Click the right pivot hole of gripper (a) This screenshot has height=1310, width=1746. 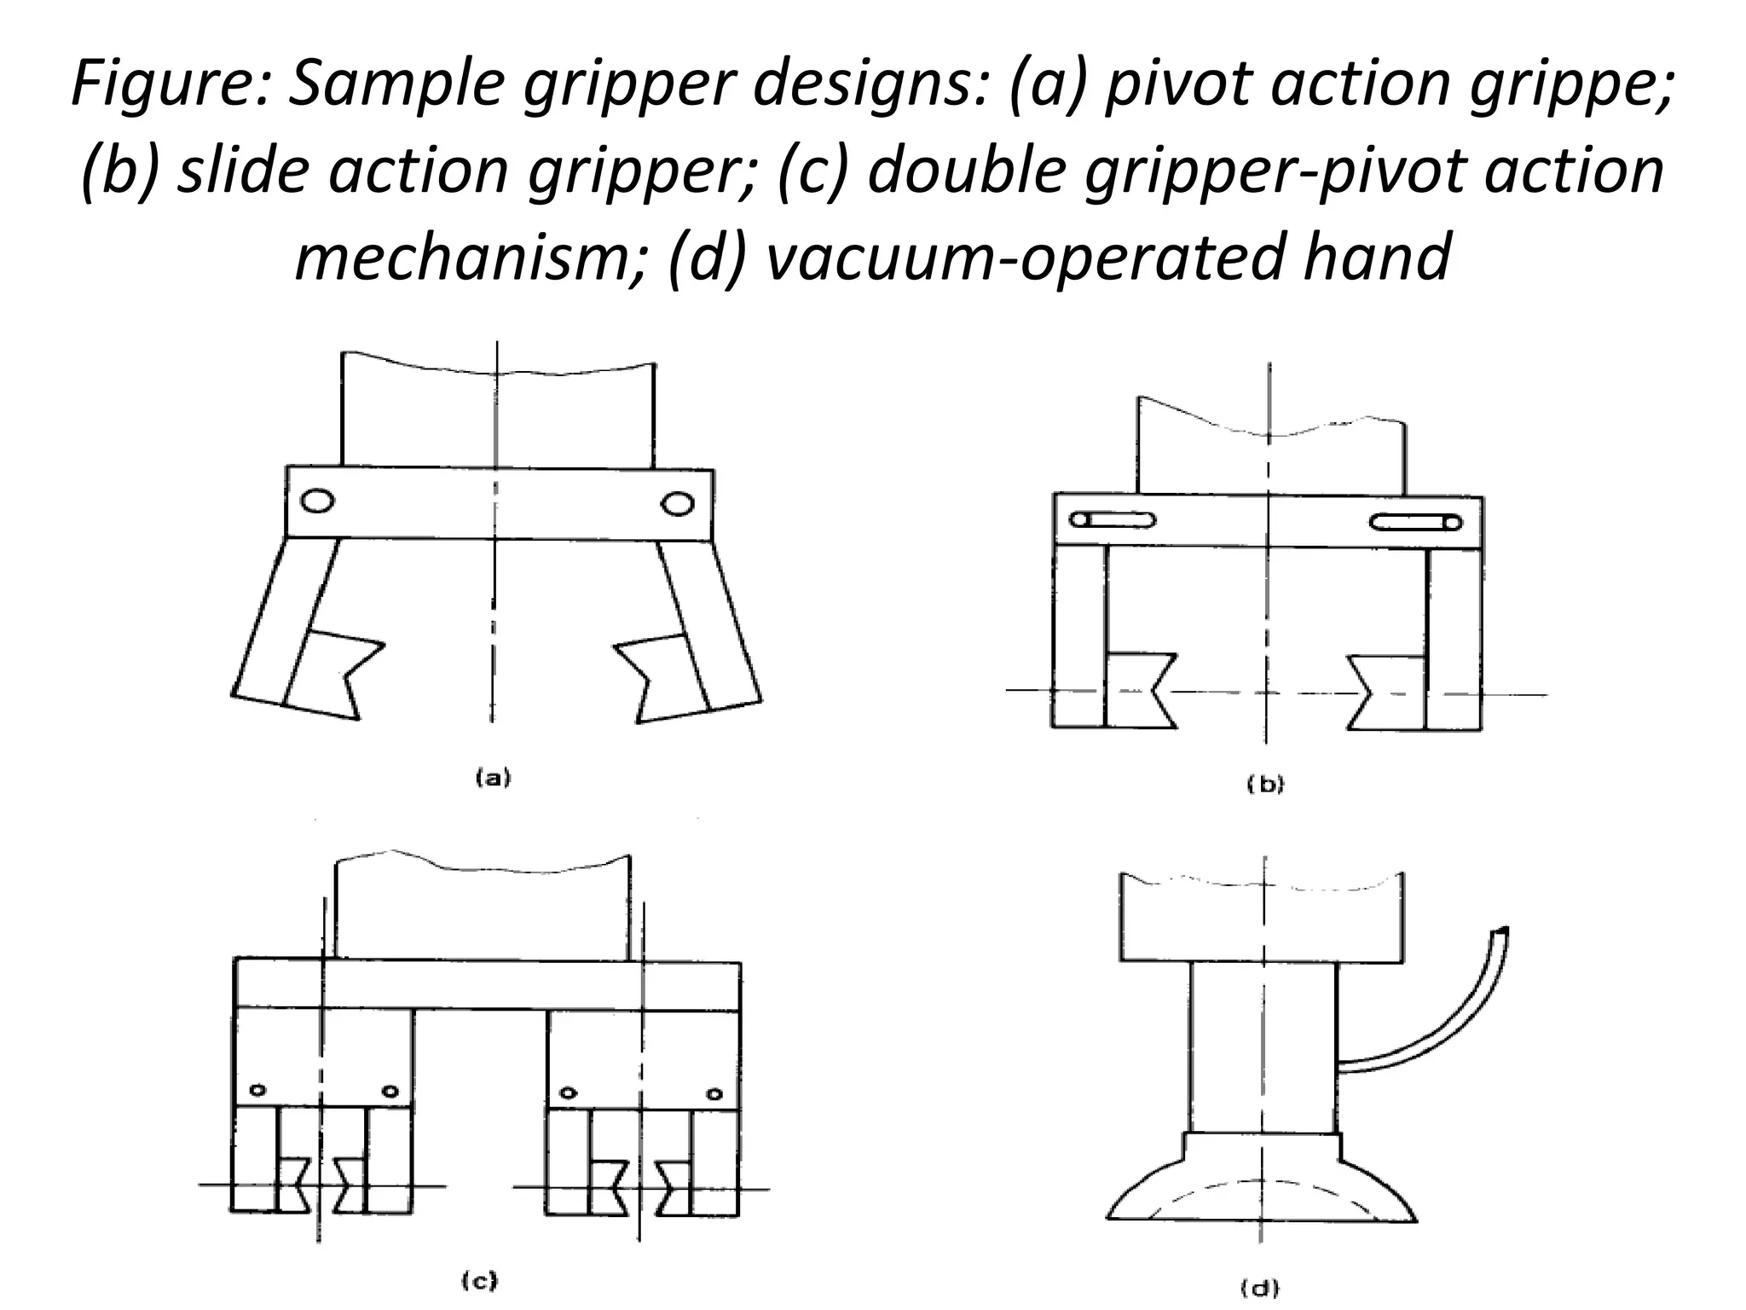click(x=678, y=504)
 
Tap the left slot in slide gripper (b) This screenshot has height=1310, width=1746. click(x=1113, y=519)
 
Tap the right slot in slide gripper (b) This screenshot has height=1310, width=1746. click(x=1416, y=522)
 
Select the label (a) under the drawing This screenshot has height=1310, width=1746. click(x=493, y=777)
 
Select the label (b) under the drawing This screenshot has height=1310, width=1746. click(x=1265, y=785)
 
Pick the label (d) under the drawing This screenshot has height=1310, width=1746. click(x=1259, y=1289)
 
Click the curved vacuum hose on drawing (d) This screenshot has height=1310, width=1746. click(x=1441, y=1032)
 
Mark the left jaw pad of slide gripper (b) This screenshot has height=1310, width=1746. click(x=1138, y=691)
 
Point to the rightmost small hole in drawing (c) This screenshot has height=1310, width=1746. click(x=714, y=1094)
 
